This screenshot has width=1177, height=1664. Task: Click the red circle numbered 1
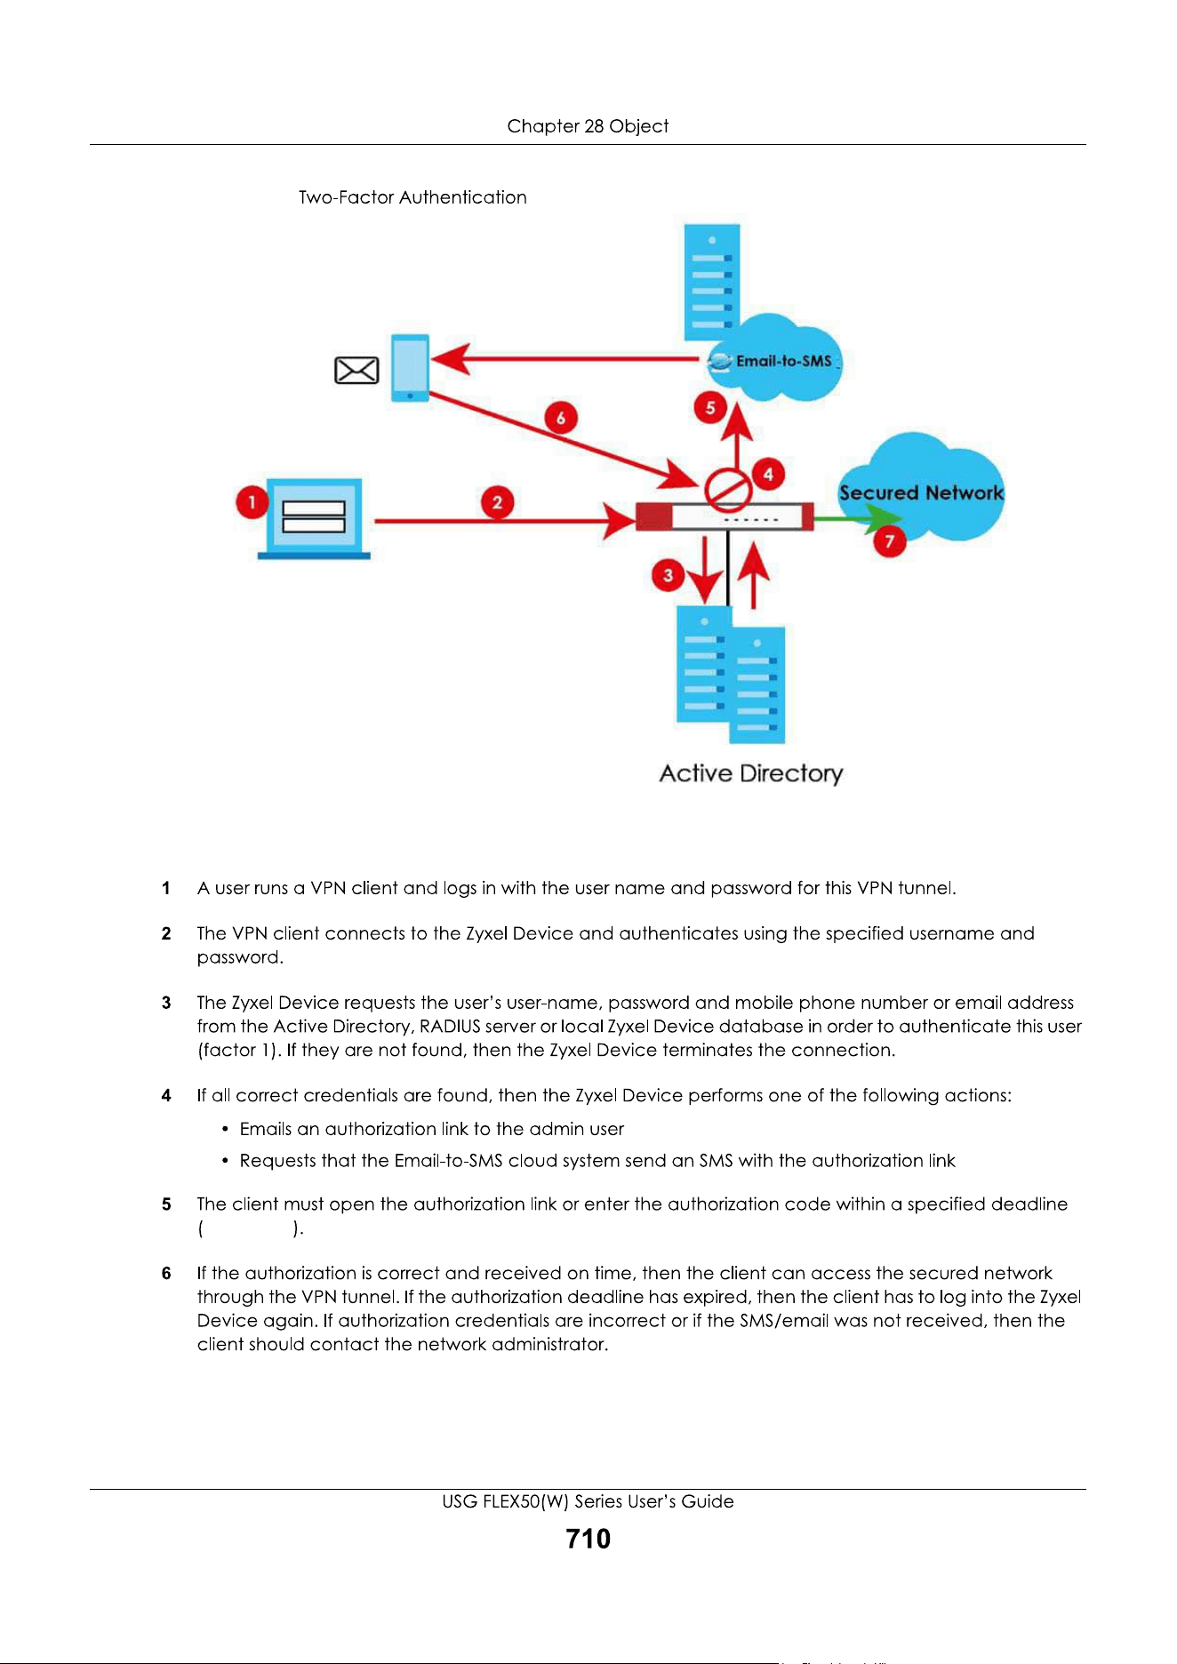252,502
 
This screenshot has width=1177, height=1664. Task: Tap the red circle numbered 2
497,502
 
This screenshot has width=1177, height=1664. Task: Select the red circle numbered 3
669,575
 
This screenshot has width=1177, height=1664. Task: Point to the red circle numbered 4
768,474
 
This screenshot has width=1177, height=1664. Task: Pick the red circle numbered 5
710,408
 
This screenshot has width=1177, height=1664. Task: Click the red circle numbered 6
561,417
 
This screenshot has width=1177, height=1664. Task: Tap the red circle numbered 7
889,540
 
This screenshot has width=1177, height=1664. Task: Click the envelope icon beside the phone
356,370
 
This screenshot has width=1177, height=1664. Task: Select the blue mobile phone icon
411,368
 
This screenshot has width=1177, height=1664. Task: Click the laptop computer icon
314,519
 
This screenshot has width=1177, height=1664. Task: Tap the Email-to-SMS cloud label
784,361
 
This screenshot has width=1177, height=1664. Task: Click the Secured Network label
922,492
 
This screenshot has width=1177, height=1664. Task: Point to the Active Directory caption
751,773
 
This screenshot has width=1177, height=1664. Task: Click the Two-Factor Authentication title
412,197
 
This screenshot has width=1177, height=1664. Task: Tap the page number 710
588,1539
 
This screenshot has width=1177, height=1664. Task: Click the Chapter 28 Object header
588,126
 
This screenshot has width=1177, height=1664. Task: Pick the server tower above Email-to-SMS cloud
712,283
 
